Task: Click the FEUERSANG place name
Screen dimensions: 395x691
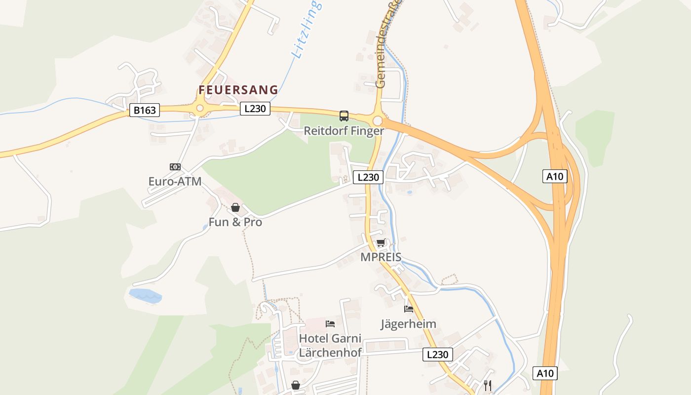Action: [x=238, y=90]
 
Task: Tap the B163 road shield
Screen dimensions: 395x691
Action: [x=145, y=110]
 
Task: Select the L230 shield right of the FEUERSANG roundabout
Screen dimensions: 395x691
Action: [x=255, y=109]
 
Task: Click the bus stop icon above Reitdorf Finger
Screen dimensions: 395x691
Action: [x=344, y=116]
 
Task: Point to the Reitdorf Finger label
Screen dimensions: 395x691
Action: [x=344, y=131]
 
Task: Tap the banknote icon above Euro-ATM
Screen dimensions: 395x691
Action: [x=175, y=167]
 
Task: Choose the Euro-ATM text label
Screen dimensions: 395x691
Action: [x=175, y=181]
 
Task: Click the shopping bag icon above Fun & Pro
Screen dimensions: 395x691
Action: [x=235, y=207]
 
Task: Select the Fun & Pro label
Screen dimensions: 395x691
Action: [x=235, y=222]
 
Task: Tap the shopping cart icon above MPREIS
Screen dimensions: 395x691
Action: [x=381, y=242]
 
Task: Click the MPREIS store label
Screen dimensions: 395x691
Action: [x=381, y=257]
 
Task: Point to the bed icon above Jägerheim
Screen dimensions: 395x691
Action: [x=409, y=309]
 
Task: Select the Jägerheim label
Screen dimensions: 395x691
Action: [x=408, y=324]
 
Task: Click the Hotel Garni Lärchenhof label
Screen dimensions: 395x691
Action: [x=330, y=346]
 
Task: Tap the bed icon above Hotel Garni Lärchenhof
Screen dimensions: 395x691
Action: [x=330, y=324]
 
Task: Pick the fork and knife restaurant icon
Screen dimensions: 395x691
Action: [x=488, y=385]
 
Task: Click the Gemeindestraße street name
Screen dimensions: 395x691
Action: [x=387, y=44]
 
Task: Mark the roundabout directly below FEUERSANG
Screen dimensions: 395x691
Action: [x=200, y=108]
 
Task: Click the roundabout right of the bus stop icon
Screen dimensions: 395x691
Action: [x=378, y=121]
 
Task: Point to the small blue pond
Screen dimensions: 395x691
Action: [x=145, y=296]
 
